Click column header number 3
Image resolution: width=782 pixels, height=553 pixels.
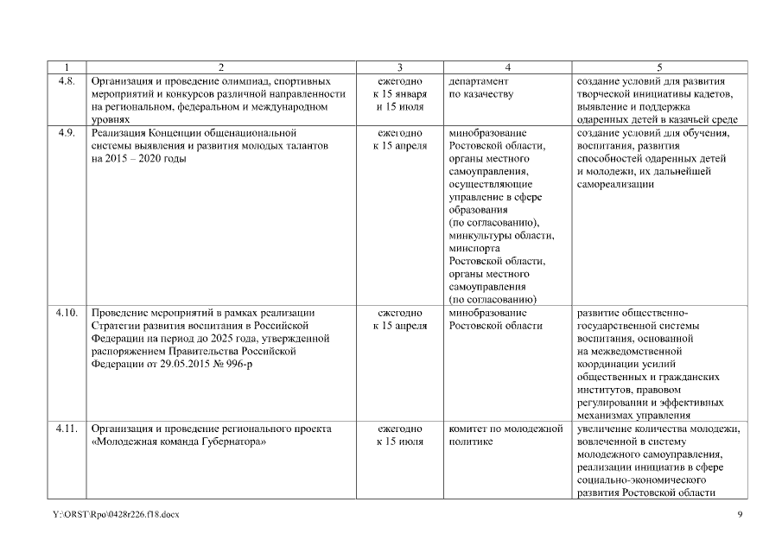399,67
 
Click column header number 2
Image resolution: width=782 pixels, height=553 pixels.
221,67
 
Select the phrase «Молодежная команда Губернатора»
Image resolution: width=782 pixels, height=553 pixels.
178,442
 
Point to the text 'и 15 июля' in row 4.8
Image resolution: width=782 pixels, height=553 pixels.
399,106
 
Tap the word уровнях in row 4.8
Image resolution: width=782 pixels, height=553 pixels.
111,120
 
